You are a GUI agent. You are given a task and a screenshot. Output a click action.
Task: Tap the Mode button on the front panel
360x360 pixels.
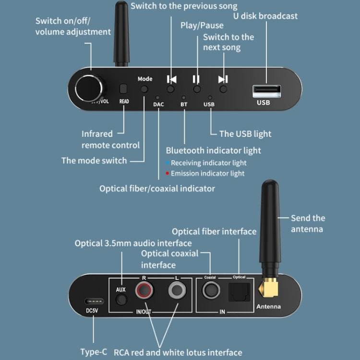(x=144, y=89)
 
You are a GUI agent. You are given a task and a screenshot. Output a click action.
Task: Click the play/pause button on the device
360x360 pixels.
(x=196, y=89)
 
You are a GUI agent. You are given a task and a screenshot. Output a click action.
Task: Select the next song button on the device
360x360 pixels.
(x=223, y=89)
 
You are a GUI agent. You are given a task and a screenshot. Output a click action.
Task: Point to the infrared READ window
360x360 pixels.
(x=123, y=89)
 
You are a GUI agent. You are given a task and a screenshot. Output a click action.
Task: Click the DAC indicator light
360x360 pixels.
(x=158, y=97)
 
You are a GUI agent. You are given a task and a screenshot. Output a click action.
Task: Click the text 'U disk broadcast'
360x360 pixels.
(x=265, y=16)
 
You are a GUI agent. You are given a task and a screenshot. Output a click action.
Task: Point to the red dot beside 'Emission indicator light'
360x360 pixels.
(x=167, y=173)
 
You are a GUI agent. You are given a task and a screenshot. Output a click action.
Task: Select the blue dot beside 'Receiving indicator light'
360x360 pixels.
(x=167, y=163)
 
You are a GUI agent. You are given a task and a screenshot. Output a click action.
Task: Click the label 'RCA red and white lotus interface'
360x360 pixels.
(x=177, y=352)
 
